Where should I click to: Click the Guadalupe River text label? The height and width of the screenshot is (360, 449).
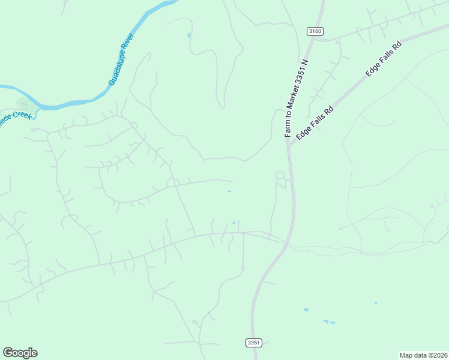(122, 59)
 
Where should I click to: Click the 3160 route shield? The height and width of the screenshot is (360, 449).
(315, 31)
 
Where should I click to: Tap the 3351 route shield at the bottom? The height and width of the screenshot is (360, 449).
(254, 343)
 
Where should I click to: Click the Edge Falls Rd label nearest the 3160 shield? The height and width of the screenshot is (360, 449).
(383, 58)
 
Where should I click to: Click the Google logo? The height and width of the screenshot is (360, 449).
(20, 353)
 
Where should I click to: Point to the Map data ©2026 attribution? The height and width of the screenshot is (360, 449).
(423, 355)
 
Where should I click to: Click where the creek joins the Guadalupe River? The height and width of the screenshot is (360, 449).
(40, 107)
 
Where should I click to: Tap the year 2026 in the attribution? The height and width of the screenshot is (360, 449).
(439, 355)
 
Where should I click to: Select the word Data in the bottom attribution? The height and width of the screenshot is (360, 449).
(418, 355)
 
